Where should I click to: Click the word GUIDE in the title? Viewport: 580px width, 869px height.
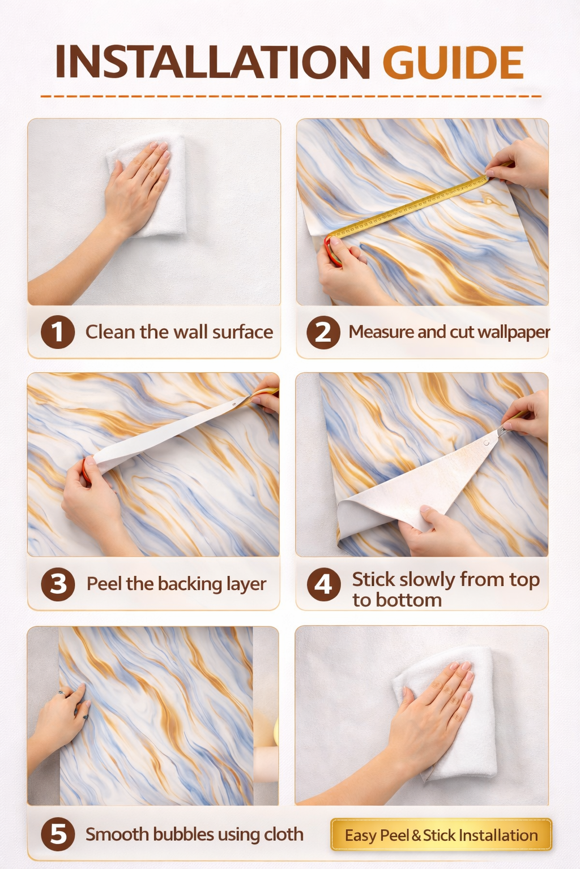453,62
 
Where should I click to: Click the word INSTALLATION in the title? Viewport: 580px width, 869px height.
213,62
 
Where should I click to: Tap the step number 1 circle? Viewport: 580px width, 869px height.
57,332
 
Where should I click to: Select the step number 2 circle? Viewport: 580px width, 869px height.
323,332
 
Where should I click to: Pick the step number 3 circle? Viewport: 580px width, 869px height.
58,584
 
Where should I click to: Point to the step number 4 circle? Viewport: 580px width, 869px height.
323,584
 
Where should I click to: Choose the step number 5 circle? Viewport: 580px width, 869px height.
58,834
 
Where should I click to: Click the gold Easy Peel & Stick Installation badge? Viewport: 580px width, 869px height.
441,835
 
